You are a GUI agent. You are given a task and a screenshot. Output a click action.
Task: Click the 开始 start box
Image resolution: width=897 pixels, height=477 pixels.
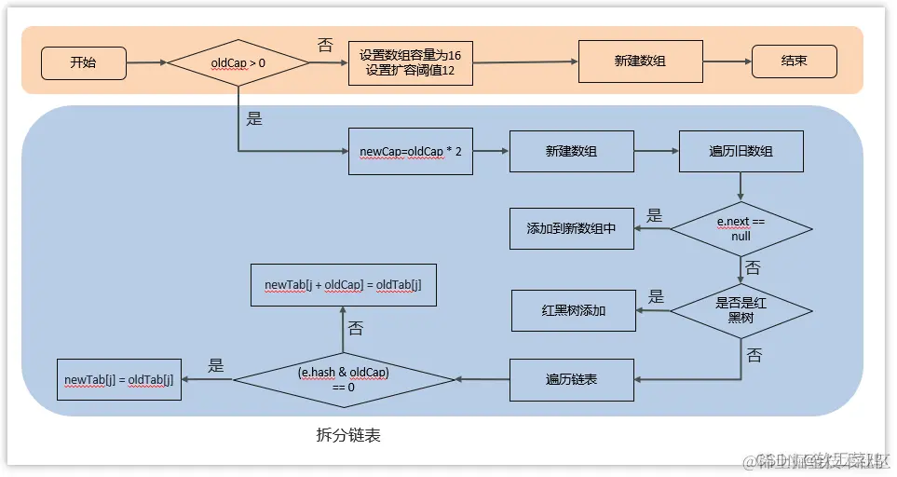coord(83,62)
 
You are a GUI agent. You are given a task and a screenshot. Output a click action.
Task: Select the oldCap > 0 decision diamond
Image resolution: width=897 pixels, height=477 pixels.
coord(238,63)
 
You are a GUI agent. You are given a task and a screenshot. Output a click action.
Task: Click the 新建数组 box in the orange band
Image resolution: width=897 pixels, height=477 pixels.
coord(640,61)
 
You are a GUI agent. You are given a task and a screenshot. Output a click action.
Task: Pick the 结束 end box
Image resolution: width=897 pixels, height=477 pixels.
coord(794,61)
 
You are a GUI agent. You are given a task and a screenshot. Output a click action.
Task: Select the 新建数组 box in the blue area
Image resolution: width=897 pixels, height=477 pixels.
coord(571,150)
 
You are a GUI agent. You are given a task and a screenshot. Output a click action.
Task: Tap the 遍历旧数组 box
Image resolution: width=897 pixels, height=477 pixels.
coord(741,150)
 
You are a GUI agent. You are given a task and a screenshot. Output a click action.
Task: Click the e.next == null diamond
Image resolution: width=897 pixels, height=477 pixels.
coord(741,228)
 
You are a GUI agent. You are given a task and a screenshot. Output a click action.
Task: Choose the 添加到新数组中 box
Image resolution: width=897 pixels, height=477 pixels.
coord(571,228)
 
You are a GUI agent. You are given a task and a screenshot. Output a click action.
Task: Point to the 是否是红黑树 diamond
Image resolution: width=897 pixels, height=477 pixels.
coord(741,309)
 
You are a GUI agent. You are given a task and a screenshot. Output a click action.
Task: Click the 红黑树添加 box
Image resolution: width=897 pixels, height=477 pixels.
coord(573,309)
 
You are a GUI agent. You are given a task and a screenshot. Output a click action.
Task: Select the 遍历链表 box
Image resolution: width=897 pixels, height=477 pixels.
coord(571,379)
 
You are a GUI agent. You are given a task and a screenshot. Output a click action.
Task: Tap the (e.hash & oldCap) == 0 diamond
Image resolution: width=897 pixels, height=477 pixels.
coord(344,379)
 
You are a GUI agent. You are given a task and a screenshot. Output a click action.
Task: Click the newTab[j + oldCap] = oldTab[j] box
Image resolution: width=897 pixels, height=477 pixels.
coord(343,284)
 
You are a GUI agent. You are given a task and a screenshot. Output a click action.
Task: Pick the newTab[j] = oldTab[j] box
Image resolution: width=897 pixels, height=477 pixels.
coord(118,379)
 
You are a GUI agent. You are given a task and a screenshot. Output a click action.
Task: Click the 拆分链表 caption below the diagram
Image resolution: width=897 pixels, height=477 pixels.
coord(348,435)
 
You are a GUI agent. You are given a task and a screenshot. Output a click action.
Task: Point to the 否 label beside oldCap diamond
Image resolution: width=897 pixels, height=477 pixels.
coord(325,45)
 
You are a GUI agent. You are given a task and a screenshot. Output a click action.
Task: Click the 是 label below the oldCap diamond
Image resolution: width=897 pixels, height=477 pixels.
coord(254,118)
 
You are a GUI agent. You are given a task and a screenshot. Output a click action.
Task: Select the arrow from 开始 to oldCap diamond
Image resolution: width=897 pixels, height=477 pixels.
coord(145,62)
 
